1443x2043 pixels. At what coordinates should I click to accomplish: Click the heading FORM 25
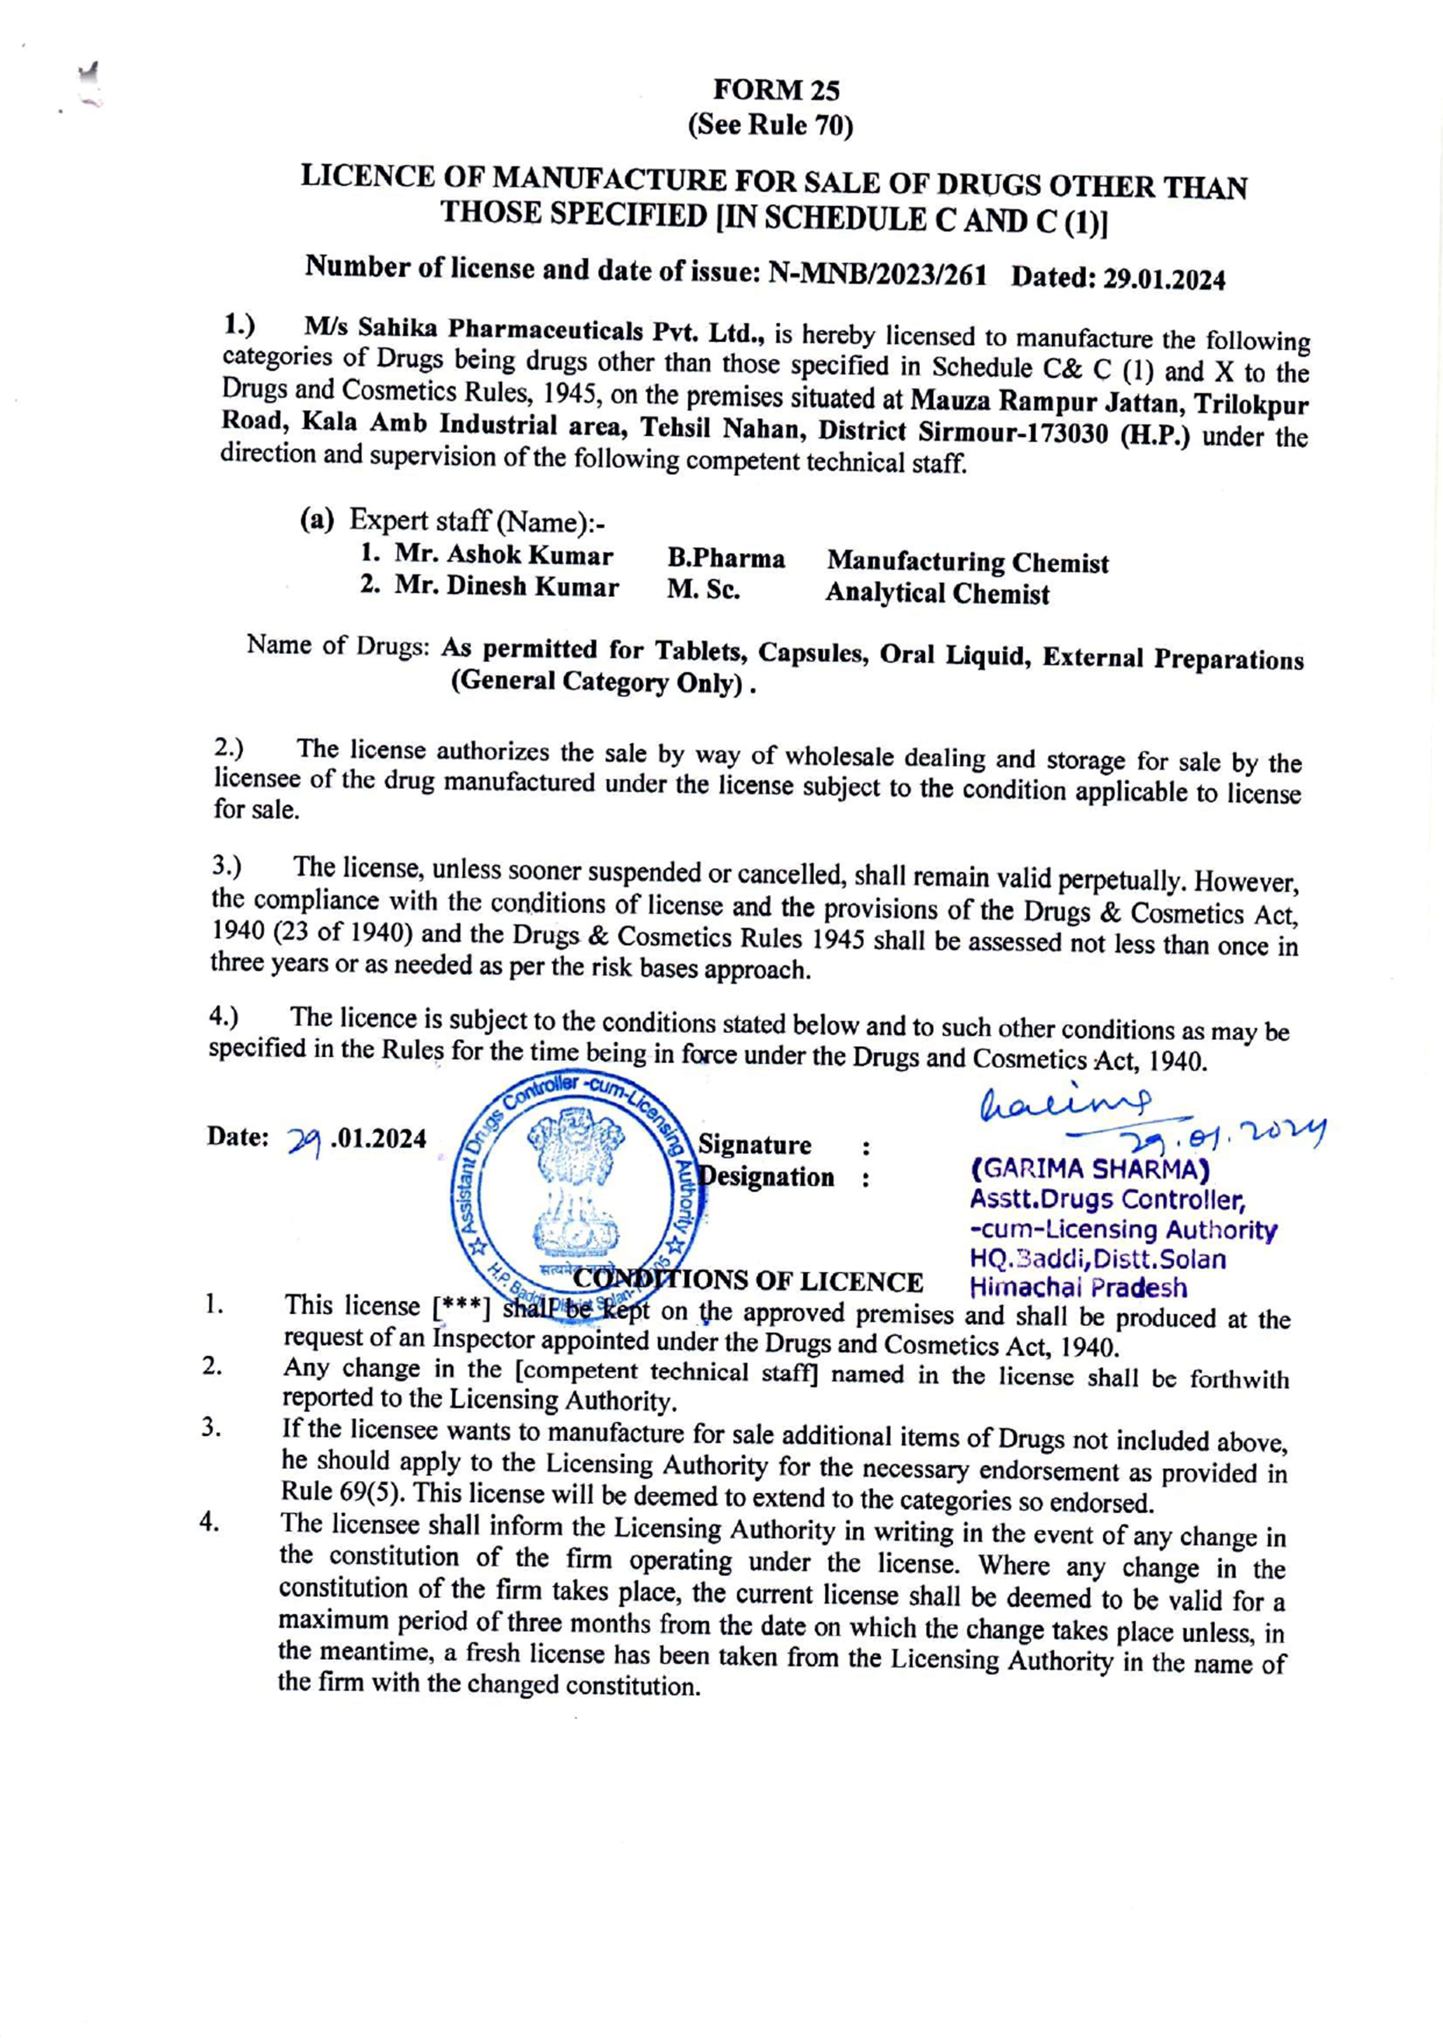(776, 90)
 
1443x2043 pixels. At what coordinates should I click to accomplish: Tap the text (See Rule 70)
(770, 126)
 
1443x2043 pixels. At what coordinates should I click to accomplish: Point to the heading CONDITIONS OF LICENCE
(748, 1281)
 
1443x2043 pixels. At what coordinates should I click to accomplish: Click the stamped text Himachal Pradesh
(1077, 1288)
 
